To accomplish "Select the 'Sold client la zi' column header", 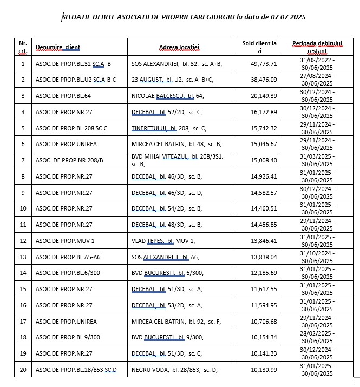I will click(x=259, y=47).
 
